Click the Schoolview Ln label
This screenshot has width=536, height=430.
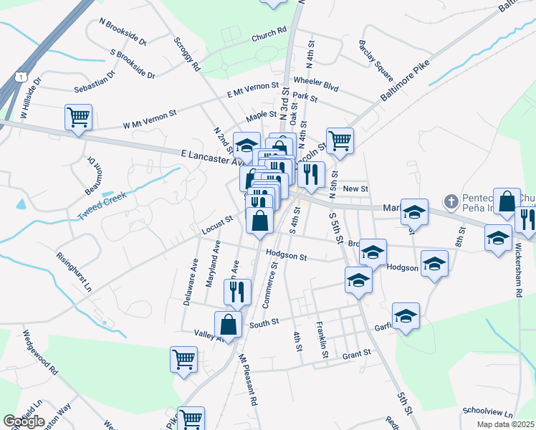489,414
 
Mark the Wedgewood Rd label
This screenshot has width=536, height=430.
40,353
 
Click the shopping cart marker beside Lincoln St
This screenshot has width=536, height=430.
339,140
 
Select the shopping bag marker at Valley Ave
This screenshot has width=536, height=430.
227,325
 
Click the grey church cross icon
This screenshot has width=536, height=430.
451,201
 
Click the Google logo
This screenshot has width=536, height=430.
24,421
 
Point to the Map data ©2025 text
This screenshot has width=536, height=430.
504,424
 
